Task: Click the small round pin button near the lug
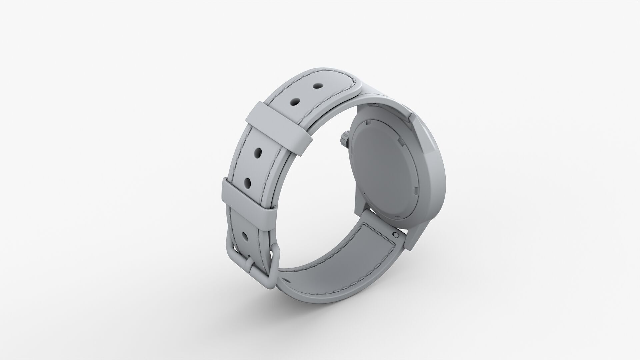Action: pos(396,235)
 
